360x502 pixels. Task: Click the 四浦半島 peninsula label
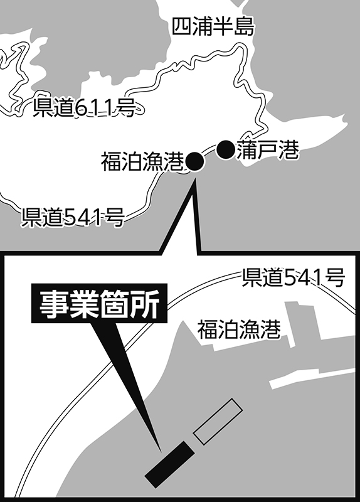tap(213, 26)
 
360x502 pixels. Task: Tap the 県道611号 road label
tap(84, 108)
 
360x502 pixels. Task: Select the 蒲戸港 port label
tap(268, 150)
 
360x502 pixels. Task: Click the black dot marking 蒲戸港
tap(226, 149)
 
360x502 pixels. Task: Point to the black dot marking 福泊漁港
tap(194, 162)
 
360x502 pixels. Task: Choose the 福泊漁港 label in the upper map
tap(143, 162)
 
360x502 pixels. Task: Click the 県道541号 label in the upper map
tap(73, 217)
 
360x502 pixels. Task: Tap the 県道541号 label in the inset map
tap(293, 277)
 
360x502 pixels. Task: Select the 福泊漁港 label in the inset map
tap(239, 329)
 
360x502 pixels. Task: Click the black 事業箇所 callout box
tap(99, 303)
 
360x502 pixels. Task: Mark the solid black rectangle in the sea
tap(169, 464)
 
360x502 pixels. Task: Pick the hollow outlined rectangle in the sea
tap(218, 422)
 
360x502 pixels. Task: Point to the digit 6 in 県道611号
tap(82, 108)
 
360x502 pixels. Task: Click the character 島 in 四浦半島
tap(244, 26)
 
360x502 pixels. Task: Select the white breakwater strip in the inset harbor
tap(312, 378)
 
